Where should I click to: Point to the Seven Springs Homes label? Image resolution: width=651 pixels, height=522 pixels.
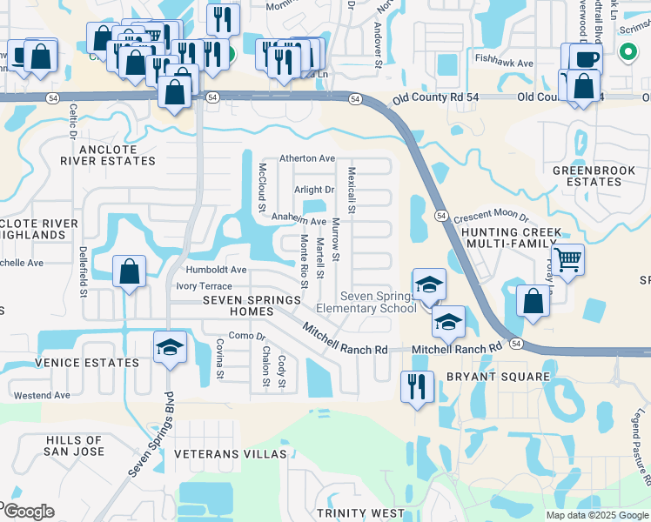click(x=252, y=305)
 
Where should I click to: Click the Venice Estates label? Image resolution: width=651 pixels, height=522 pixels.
click(x=87, y=363)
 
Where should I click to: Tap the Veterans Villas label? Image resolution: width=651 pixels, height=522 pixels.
click(x=230, y=455)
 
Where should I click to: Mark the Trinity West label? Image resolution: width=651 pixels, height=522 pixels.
click(x=360, y=513)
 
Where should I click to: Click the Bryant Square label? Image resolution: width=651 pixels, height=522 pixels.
click(x=498, y=377)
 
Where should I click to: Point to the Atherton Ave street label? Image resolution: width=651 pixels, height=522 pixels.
click(x=307, y=158)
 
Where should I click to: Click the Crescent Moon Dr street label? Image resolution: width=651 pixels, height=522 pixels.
click(x=491, y=216)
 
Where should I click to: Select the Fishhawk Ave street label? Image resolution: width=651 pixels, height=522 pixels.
click(x=504, y=64)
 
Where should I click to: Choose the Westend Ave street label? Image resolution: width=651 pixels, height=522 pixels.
click(x=42, y=395)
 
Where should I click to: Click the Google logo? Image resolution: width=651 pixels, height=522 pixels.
click(x=28, y=512)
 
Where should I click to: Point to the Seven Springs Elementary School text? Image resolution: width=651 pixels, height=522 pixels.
click(x=378, y=302)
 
